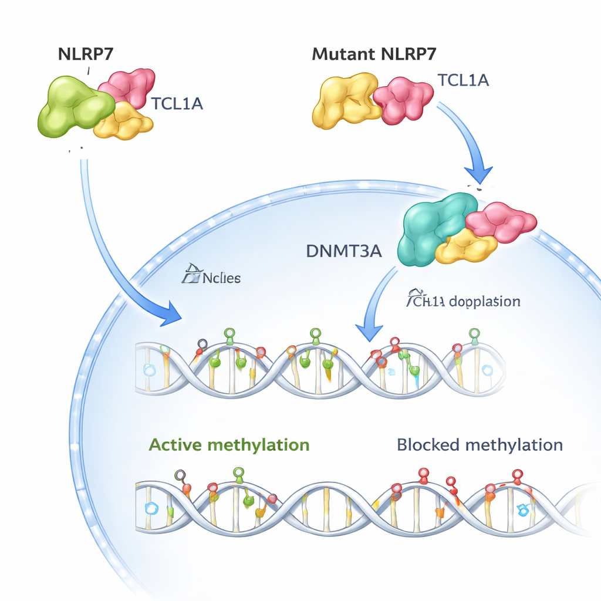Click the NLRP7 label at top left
87,53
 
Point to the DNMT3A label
344,251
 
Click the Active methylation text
229,444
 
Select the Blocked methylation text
480,444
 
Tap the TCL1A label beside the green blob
177,104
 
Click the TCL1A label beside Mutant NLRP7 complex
463,80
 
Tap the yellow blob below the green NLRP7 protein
124,121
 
